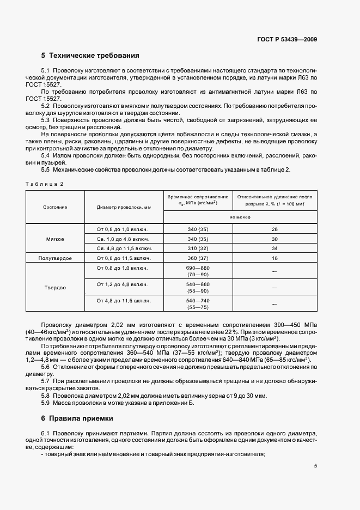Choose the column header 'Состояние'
(x=55, y=208)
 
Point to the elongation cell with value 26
(x=274, y=229)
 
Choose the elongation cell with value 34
(x=274, y=248)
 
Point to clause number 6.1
(x=46, y=432)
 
